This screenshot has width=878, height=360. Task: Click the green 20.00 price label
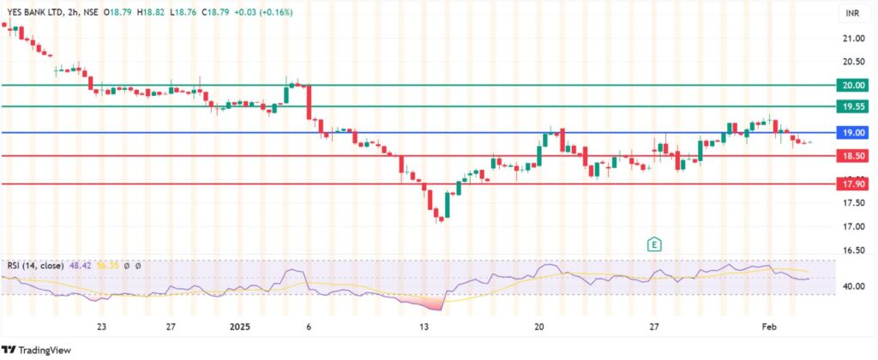tap(852, 86)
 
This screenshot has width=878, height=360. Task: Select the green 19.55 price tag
tap(852, 107)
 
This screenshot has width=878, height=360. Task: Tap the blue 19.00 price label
tap(852, 133)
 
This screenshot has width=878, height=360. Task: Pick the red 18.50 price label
tap(852, 156)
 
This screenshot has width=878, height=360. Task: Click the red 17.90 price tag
tap(852, 183)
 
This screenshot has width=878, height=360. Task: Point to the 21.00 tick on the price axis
tap(852, 39)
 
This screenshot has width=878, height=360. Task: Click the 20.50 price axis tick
tap(852, 62)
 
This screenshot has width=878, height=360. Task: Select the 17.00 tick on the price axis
tap(852, 226)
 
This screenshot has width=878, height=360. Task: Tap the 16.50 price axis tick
tap(852, 250)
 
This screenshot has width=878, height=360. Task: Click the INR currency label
tap(852, 15)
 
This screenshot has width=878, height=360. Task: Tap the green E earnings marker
tap(654, 243)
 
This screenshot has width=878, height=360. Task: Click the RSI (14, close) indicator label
tap(34, 266)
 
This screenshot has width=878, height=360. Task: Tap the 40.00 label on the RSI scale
tap(852, 286)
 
